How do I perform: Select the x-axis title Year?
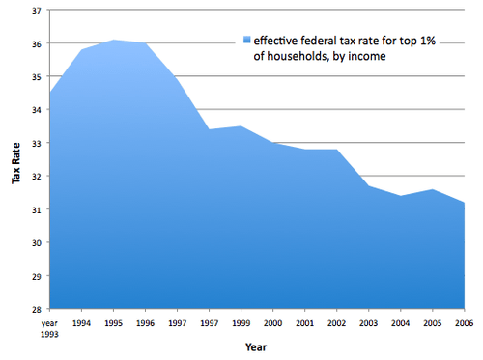coord(256,346)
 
